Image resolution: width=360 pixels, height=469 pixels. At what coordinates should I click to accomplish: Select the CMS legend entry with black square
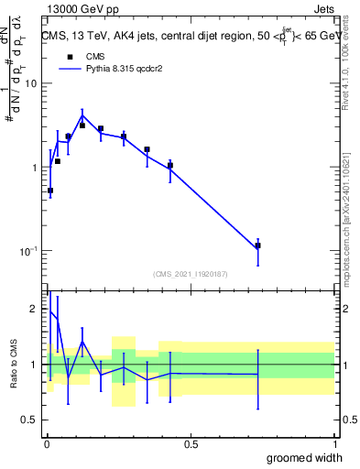pyautogui.click(x=82, y=56)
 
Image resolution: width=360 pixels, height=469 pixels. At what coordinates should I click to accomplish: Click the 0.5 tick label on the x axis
pyautogui.click(x=191, y=444)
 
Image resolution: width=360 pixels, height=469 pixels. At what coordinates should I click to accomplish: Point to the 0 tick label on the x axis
pyautogui.click(x=47, y=444)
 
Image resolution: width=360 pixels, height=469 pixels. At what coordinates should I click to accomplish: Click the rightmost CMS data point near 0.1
pyautogui.click(x=258, y=245)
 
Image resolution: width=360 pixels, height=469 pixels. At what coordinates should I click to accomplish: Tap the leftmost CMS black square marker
pyautogui.click(x=50, y=191)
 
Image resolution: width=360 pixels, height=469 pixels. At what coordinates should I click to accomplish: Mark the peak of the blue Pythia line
pyautogui.click(x=82, y=116)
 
